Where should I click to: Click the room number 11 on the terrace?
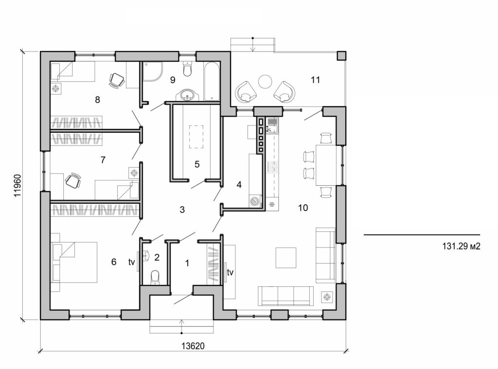pos(315,80)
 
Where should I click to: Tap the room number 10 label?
pos(302,208)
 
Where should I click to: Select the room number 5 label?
pos(197,164)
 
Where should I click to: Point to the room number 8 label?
pos(97,100)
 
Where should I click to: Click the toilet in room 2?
pos(155,276)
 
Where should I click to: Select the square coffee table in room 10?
pos(285,258)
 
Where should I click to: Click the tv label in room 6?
pos(131,262)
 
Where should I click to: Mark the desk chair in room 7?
pos(73,180)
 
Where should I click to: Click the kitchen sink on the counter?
pos(272,125)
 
